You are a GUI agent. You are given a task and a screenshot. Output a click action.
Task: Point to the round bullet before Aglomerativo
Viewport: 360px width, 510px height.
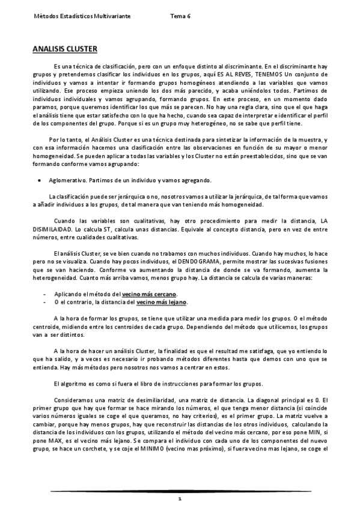[x=39, y=179]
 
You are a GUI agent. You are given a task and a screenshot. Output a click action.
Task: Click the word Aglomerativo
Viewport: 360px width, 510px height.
[x=69, y=179]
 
